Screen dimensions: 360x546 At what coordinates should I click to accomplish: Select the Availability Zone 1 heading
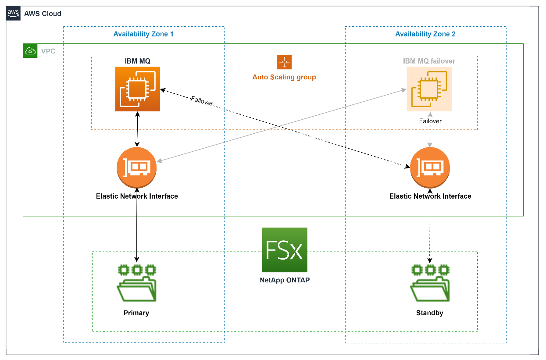(x=143, y=34)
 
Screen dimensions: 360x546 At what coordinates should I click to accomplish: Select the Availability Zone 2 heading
(x=425, y=34)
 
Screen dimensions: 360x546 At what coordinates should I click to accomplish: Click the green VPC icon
(x=30, y=51)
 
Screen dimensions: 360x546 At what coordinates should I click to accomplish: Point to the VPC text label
(x=48, y=51)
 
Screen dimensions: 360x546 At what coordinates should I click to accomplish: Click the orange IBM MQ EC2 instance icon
(x=137, y=89)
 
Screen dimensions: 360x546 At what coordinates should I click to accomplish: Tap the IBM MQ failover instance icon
(x=429, y=89)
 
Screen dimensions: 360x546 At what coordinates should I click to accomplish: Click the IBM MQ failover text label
(x=429, y=61)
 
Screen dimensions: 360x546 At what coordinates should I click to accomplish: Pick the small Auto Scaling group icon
(x=284, y=62)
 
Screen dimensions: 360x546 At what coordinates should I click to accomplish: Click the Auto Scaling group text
(x=284, y=77)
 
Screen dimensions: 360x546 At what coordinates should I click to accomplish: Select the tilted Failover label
(x=202, y=101)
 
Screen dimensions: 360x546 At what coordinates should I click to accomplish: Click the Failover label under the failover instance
(x=430, y=121)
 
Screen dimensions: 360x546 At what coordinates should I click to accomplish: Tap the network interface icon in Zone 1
(x=136, y=168)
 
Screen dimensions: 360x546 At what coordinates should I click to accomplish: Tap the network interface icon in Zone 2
(x=430, y=168)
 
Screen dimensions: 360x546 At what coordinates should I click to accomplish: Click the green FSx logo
(x=285, y=250)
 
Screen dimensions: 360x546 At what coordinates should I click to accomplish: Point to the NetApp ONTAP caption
(x=284, y=280)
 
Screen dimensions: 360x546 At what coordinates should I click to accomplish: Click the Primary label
(x=137, y=314)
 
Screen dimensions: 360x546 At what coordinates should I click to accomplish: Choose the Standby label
(x=430, y=314)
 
